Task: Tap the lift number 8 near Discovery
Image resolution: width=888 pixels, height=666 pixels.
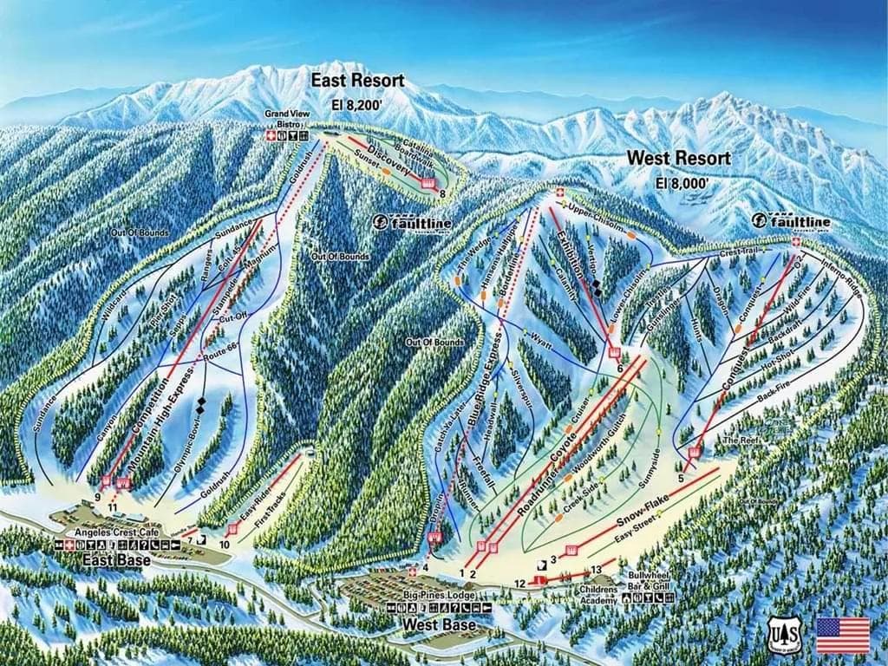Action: (442, 193)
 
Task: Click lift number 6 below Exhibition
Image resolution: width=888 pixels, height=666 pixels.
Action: (620, 369)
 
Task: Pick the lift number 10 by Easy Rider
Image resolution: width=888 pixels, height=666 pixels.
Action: (225, 545)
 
